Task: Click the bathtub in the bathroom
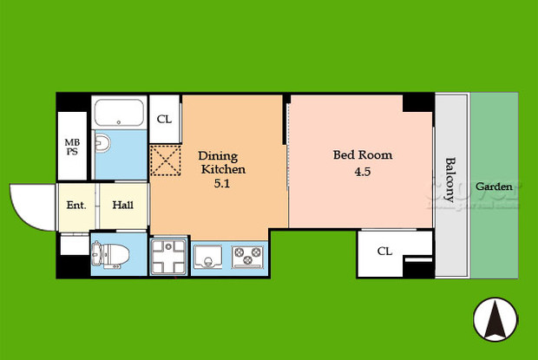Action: [x=121, y=114]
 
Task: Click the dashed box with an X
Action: [x=164, y=160]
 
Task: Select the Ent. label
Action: [x=76, y=206]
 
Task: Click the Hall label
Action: [x=122, y=206]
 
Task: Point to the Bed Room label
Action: [x=363, y=155]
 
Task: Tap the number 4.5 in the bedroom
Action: [x=363, y=172]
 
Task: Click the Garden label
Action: [x=494, y=187]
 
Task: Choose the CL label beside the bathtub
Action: [x=164, y=120]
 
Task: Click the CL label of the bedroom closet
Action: [x=384, y=252]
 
